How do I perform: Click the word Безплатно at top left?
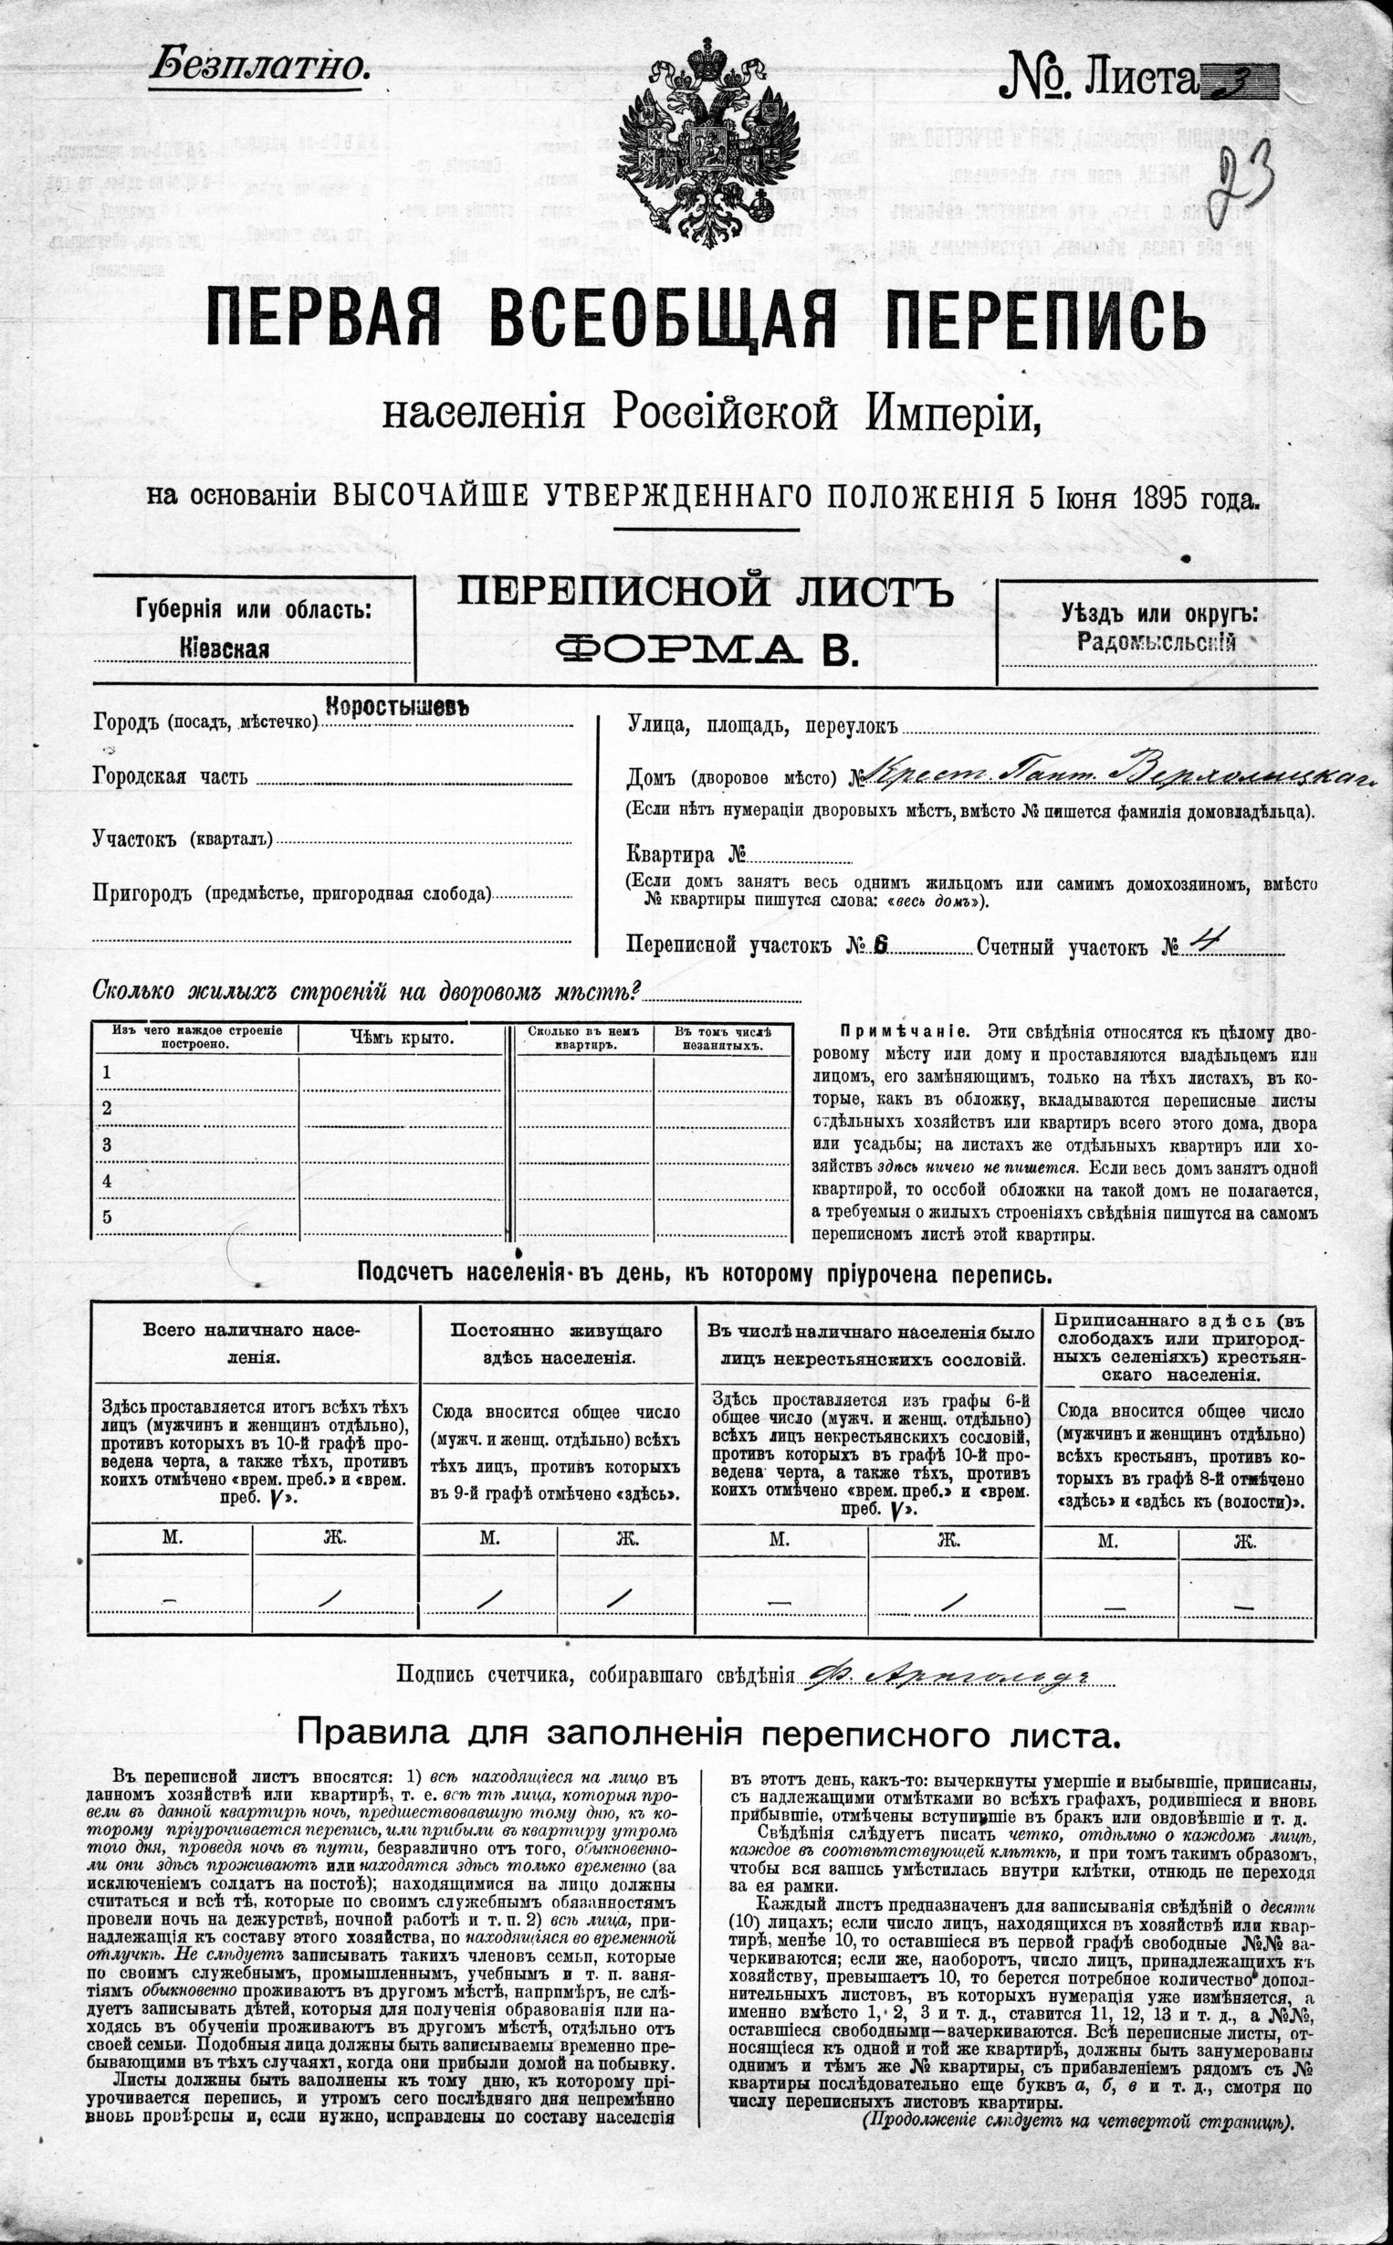[x=259, y=67]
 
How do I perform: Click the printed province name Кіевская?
[x=225, y=648]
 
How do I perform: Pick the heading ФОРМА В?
[x=706, y=650]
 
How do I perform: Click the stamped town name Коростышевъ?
[x=398, y=707]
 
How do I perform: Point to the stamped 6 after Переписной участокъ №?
[x=880, y=944]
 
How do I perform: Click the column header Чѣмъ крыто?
[x=402, y=1038]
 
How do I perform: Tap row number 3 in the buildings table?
[x=107, y=1144]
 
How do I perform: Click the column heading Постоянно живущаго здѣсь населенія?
[x=556, y=1344]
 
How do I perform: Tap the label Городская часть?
[x=170, y=777]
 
